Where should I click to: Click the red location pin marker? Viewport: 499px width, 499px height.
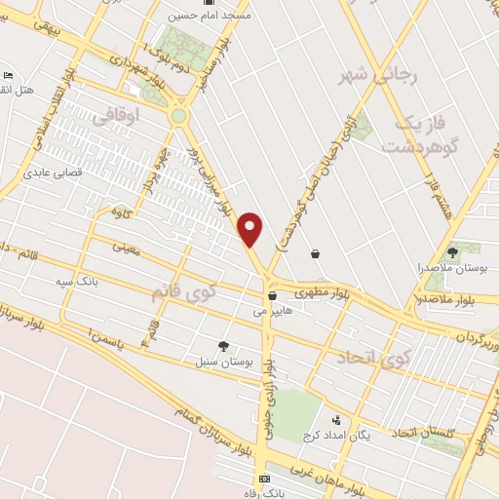[x=251, y=229]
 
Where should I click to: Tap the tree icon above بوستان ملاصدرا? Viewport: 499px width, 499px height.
[x=452, y=252]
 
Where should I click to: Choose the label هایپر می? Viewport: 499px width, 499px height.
[x=273, y=313]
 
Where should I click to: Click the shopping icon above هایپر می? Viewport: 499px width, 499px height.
[x=272, y=295]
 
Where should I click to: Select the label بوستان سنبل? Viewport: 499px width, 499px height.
[x=225, y=361]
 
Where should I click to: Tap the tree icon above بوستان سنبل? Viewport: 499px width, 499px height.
[x=224, y=345]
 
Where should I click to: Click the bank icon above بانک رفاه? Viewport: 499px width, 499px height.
[x=264, y=480]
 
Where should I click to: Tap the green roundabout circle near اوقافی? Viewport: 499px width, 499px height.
[x=178, y=117]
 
